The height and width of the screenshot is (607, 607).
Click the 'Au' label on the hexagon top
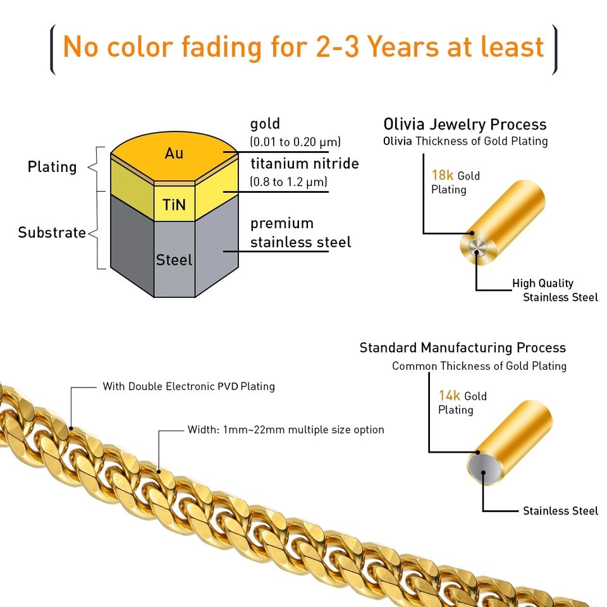[x=174, y=153]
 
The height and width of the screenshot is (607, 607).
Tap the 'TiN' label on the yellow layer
[x=174, y=205]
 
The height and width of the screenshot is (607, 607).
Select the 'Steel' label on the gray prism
[x=174, y=259]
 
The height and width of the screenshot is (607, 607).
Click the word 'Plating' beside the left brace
[x=52, y=167]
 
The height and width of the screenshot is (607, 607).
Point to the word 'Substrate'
[x=52, y=233]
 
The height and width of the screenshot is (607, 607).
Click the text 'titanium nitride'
[x=305, y=164]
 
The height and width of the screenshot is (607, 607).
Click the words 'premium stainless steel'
[x=300, y=233]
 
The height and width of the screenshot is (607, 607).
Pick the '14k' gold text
[x=450, y=396]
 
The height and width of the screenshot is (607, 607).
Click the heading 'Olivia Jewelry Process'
[x=465, y=124]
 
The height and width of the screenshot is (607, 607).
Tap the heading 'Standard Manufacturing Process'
[x=462, y=348]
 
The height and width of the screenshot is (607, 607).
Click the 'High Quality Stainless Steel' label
[x=555, y=290]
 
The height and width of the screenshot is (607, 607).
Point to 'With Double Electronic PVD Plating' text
[x=188, y=386]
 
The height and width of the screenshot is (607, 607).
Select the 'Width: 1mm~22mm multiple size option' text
[x=286, y=430]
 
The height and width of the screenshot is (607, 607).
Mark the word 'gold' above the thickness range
[x=265, y=123]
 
